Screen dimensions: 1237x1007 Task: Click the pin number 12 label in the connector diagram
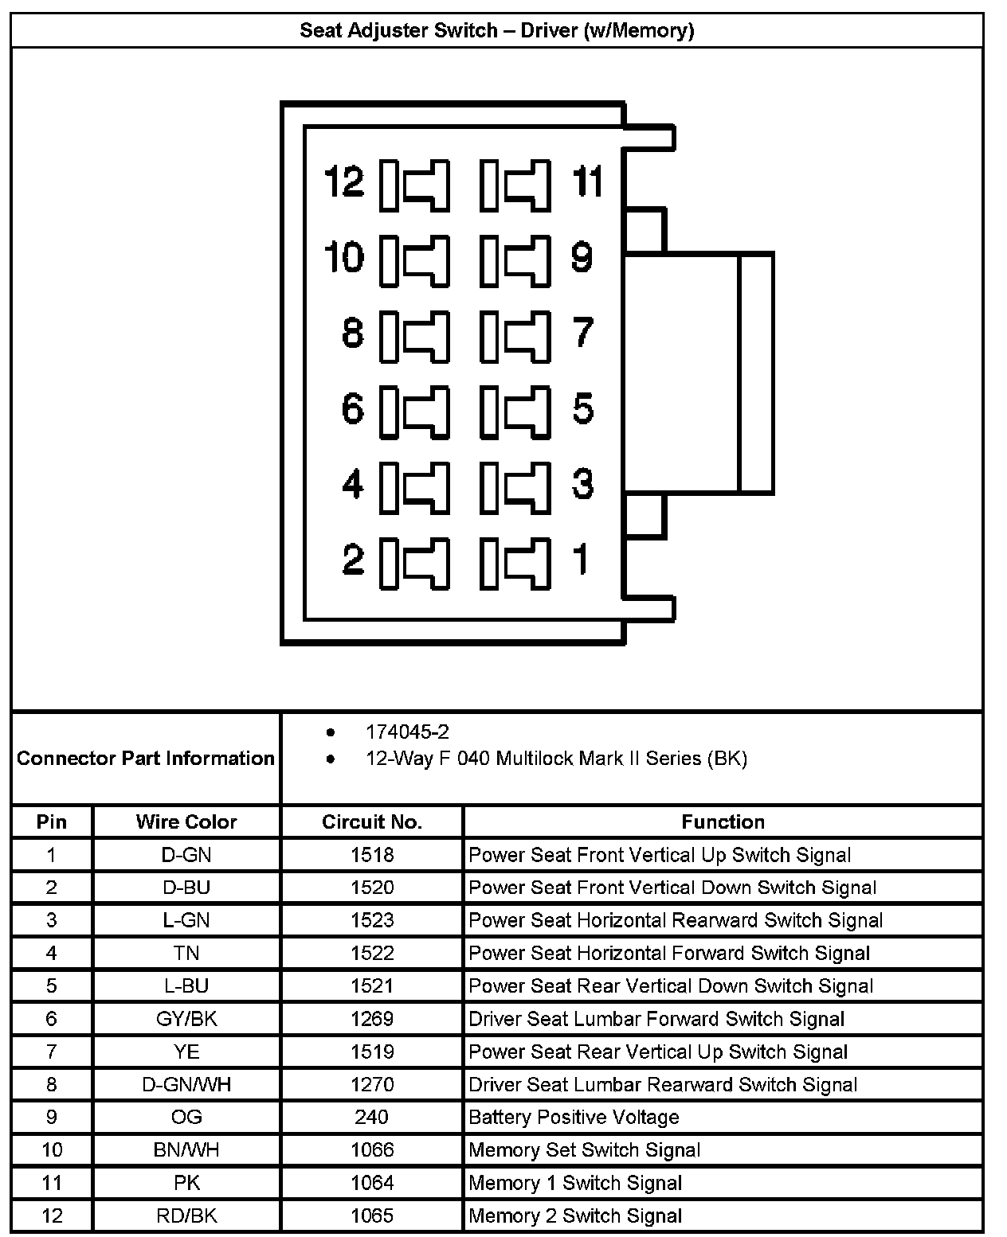tap(344, 182)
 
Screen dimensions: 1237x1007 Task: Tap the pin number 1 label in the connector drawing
tap(582, 558)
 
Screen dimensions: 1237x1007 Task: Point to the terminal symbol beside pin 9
tap(515, 259)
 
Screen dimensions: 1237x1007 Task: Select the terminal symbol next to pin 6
tap(414, 411)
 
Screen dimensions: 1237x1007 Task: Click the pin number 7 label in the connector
tap(583, 333)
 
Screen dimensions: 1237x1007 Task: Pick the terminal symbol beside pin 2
tap(414, 563)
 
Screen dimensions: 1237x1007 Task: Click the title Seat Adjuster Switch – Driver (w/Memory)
tap(496, 31)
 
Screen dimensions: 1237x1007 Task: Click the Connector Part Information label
tap(146, 758)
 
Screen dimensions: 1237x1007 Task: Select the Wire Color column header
tap(186, 821)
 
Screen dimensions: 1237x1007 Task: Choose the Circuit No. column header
tap(372, 821)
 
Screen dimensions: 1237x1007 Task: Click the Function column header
tap(723, 821)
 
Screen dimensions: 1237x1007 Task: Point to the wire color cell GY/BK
tap(186, 1019)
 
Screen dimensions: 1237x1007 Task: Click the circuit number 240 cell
tap(371, 1117)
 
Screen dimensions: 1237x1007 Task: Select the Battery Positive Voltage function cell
tap(574, 1117)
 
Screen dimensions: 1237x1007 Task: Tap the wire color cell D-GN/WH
tap(186, 1084)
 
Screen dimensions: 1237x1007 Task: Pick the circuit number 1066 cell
tap(372, 1149)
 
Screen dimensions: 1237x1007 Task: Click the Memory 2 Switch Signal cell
tap(575, 1216)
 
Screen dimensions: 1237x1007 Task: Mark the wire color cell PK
tap(186, 1183)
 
